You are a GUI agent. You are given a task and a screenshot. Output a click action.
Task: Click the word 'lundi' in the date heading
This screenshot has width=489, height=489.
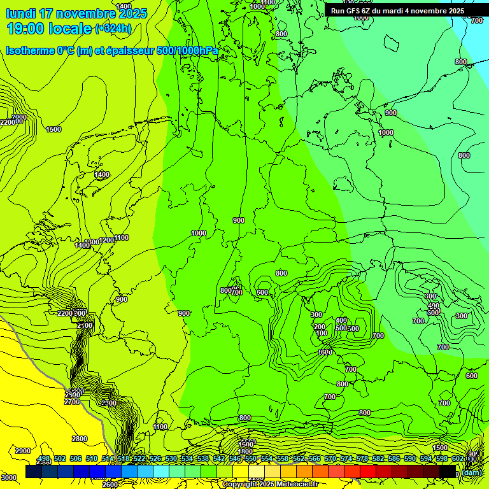pyautogui.click(x=20, y=13)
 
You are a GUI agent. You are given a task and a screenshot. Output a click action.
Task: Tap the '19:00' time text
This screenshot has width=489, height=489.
pyautogui.click(x=26, y=29)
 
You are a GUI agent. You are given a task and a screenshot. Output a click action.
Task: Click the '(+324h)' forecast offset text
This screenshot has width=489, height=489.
pyautogui.click(x=113, y=28)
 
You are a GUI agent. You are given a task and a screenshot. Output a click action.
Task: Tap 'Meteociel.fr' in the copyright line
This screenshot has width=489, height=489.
pyautogui.click(x=294, y=484)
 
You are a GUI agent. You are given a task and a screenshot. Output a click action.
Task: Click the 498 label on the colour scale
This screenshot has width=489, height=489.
pyautogui.click(x=44, y=459)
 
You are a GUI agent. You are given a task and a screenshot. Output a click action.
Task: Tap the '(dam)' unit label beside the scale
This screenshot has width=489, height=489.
pyautogui.click(x=472, y=472)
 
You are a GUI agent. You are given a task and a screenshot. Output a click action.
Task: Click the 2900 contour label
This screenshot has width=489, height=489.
pyautogui.click(x=22, y=451)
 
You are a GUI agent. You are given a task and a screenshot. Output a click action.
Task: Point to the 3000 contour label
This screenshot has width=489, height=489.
pyautogui.click(x=9, y=478)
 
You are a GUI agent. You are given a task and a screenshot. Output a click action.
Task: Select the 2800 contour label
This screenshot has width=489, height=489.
pyautogui.click(x=80, y=439)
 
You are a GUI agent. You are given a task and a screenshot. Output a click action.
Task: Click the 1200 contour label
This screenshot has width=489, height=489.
pyautogui.click(x=107, y=240)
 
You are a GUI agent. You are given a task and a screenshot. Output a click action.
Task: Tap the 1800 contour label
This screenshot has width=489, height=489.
pyautogui.click(x=245, y=451)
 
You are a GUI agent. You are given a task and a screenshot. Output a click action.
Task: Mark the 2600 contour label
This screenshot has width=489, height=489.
pyautogui.click(x=110, y=484)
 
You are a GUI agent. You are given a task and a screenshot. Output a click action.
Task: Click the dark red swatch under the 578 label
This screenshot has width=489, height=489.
pyautogui.click(x=367, y=472)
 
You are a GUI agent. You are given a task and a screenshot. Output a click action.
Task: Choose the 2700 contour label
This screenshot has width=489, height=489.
pyautogui.click(x=72, y=402)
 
